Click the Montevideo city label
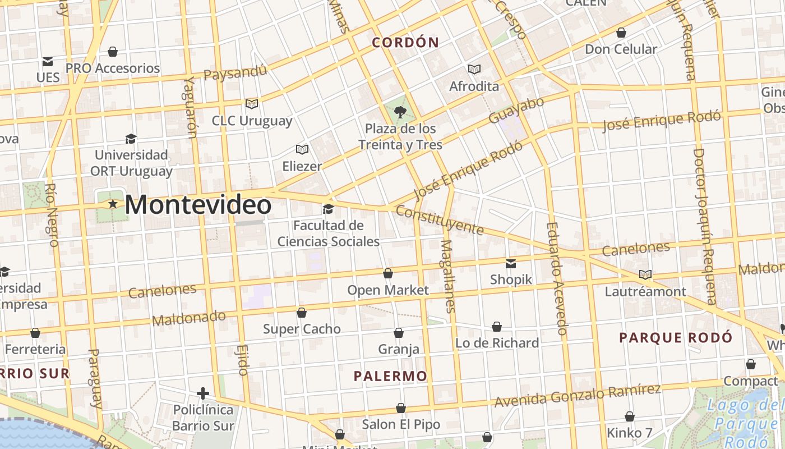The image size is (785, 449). pos(198,205)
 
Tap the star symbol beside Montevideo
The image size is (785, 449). pos(113,204)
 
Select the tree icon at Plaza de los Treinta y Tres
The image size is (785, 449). pos(400,112)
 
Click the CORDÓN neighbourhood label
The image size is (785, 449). pos(405,43)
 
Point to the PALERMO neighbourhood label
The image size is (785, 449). pos(390,376)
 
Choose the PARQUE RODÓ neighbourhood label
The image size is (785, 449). pos(676,338)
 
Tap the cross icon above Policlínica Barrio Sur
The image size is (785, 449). pos(203,393)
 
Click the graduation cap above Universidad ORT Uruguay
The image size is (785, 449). pos(131,139)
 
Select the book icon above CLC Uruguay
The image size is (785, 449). pos(252,104)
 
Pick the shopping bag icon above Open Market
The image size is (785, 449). pos(387,273)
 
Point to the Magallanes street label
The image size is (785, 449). pos(448,276)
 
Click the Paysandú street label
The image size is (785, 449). pos(235,73)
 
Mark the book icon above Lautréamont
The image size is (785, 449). pos(645,275)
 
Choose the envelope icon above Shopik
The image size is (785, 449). pos(511,263)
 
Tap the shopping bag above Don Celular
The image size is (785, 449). pos(621,33)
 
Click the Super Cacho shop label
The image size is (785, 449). pos(302,329)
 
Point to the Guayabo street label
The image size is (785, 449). pos(516,110)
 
